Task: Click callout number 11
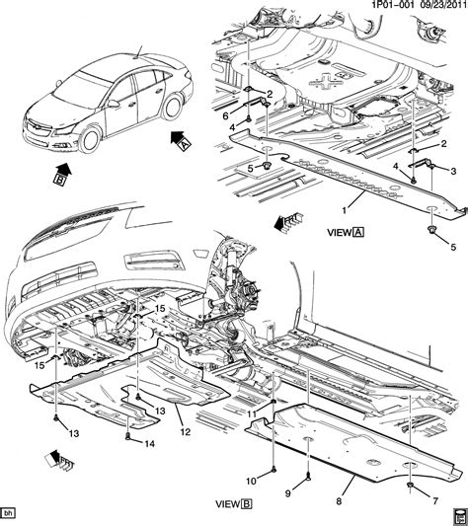click(253, 413)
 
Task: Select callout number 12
click(184, 430)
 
